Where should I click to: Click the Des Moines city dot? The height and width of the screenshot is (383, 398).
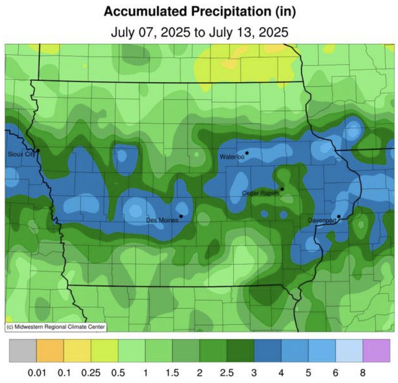[x=181, y=216]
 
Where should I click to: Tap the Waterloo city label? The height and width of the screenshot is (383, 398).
[x=232, y=157]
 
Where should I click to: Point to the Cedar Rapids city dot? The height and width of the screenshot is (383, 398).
[x=282, y=189]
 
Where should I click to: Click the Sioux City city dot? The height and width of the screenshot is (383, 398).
[x=38, y=150]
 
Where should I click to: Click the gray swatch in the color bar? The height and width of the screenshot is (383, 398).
[x=23, y=351]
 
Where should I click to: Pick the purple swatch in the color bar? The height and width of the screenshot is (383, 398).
[x=376, y=351]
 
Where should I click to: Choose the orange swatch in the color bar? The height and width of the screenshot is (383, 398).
[x=50, y=351]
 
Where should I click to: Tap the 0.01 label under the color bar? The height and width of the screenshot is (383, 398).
[x=37, y=373]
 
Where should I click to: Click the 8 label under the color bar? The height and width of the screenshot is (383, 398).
[x=363, y=373]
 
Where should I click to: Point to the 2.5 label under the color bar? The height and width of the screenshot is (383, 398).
[x=227, y=373]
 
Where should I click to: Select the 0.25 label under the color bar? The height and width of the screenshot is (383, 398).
[x=91, y=373]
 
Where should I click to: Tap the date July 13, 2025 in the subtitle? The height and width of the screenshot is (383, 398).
[x=248, y=32]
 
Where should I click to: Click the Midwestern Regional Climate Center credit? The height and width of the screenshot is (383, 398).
[x=55, y=327]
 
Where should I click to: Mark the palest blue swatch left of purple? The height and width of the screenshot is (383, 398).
[x=349, y=351]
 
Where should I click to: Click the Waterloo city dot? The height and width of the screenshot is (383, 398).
[x=247, y=153]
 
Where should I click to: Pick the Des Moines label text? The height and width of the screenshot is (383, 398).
[x=162, y=220]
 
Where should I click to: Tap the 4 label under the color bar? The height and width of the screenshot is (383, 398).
[x=281, y=373]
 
